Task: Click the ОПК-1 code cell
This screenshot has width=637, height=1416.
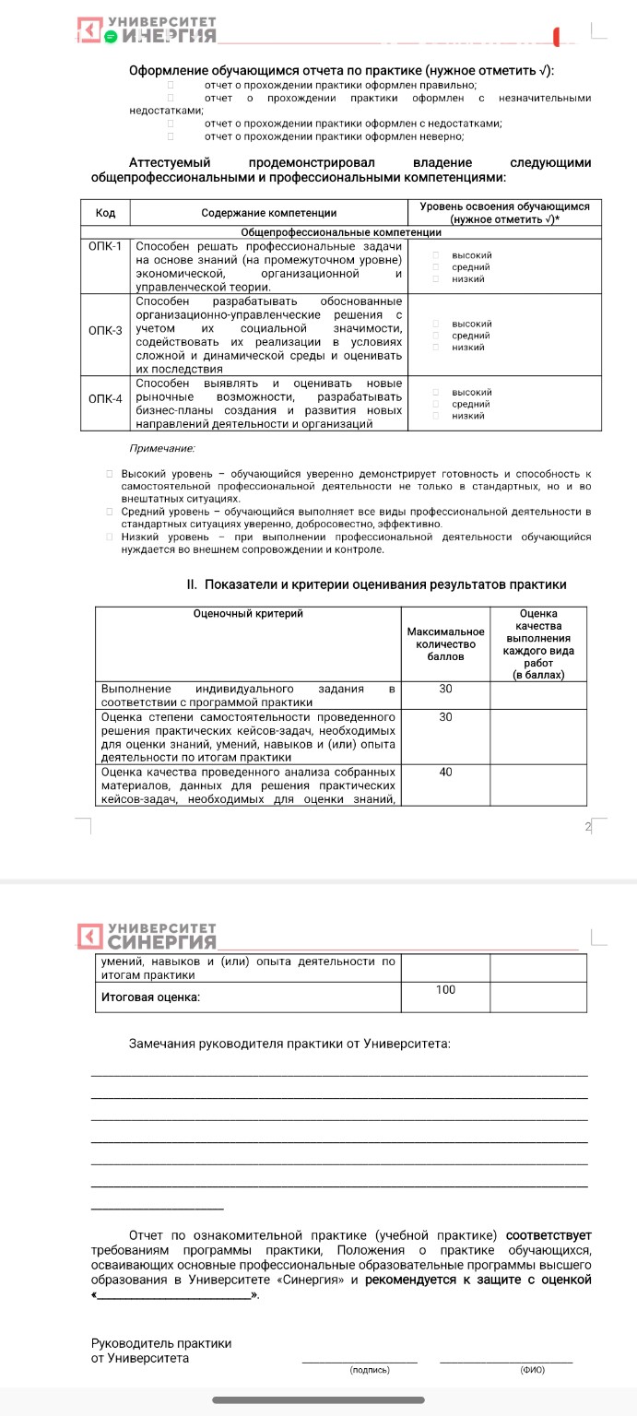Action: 105,246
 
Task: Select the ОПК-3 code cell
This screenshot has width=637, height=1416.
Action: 105,330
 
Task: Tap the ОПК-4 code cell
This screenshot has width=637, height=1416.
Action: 105,398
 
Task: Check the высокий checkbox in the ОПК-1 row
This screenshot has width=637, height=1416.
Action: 435,255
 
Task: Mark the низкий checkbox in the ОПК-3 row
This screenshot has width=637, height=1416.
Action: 435,348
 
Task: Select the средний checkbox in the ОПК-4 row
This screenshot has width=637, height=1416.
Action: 435,404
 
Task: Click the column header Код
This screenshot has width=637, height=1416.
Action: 105,213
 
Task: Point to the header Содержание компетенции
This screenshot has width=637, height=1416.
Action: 268,213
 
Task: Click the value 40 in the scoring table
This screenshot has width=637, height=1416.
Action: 445,772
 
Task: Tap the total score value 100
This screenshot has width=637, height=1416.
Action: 445,990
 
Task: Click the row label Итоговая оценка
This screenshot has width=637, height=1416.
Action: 150,997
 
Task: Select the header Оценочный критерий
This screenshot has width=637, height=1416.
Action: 247,613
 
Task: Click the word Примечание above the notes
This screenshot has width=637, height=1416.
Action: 161,448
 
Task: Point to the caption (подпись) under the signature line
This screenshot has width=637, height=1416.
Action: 370,1370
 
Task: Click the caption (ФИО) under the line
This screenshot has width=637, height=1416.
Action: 532,1370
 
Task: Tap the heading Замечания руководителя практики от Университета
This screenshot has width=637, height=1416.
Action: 289,1044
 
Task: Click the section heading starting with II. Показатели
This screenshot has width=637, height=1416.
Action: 376,584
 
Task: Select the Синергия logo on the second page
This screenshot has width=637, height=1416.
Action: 147,935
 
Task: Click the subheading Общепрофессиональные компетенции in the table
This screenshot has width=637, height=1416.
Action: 341,232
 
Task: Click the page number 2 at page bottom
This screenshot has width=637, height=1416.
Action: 587,827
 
